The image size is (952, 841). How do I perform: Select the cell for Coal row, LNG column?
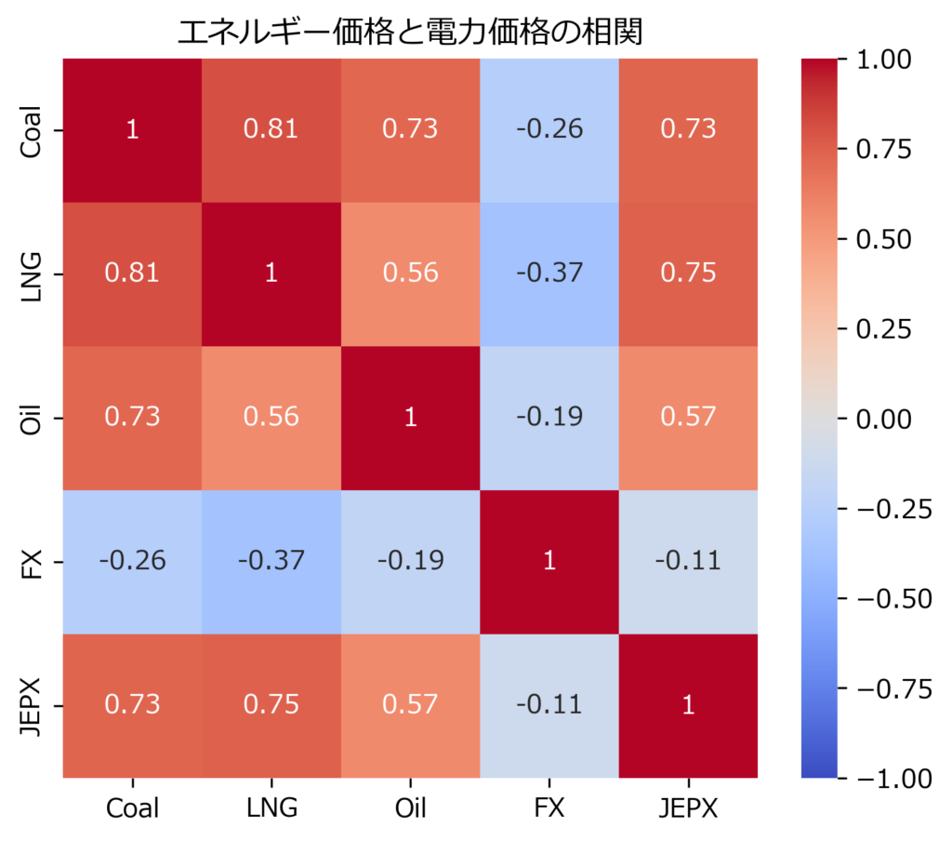(x=271, y=129)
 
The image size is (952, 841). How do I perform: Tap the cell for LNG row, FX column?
(x=549, y=274)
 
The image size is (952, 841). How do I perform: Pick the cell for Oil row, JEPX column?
(x=688, y=417)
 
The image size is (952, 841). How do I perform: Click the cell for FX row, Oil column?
(x=410, y=561)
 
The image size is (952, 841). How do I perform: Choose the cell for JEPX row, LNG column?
(x=271, y=705)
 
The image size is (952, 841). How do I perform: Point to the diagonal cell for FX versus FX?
(x=549, y=561)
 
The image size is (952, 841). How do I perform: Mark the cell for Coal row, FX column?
(x=549, y=129)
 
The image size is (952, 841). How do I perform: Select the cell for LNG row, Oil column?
(x=410, y=274)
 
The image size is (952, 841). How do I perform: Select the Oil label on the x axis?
(x=410, y=808)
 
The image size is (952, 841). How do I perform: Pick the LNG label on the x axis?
(x=271, y=808)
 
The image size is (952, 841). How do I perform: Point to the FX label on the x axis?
(x=549, y=808)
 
